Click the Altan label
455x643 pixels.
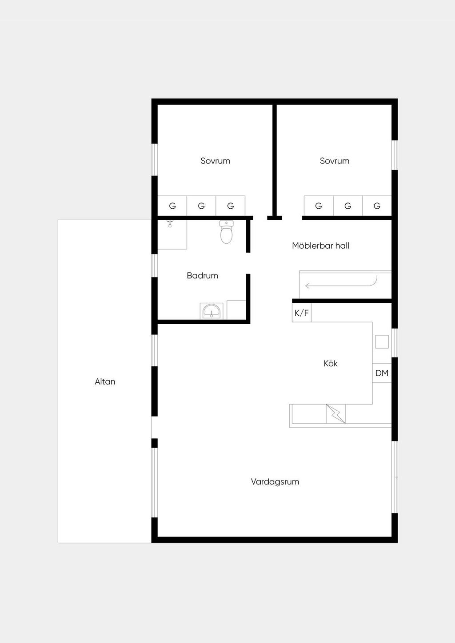[105, 381]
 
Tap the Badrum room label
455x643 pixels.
[202, 276]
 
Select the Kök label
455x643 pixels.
[331, 363]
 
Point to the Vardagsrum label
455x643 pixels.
[275, 482]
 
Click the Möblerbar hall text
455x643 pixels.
[320, 246]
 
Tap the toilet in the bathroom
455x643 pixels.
[226, 232]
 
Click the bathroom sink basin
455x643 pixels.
[212, 311]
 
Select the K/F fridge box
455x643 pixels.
[302, 313]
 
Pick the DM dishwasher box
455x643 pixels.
[382, 373]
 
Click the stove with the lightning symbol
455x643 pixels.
[336, 414]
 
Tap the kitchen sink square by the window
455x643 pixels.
[382, 342]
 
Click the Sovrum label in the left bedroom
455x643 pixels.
[215, 161]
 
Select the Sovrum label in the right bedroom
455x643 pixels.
[335, 161]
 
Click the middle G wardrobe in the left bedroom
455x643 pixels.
[201, 206]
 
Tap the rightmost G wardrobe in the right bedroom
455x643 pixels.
[377, 206]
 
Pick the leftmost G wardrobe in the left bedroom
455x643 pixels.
[172, 206]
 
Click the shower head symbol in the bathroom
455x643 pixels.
[170, 224]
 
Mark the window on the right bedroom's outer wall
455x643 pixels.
[395, 155]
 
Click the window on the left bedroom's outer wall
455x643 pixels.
[155, 159]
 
